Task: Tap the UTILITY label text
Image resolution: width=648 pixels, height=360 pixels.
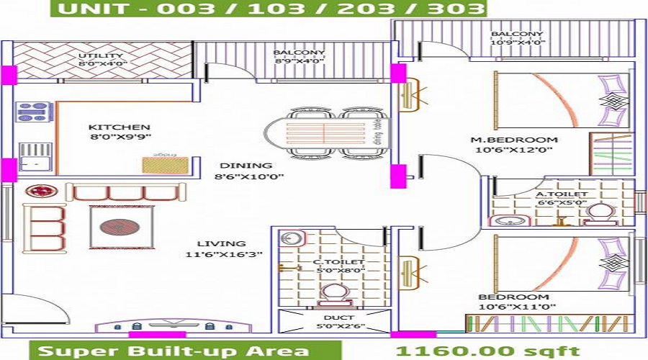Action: pos(102,55)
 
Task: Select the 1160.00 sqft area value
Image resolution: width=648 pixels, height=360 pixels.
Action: pos(487,351)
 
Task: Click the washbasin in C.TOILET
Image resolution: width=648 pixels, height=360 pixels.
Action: pos(291,238)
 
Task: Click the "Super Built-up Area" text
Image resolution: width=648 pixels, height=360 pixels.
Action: pos(174,351)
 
